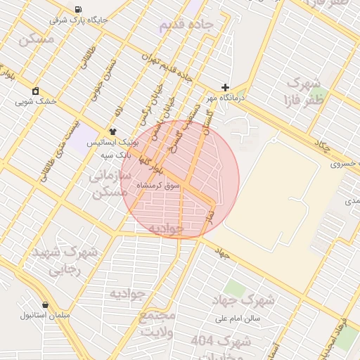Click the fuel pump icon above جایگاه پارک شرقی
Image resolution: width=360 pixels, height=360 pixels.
click(x=77, y=9)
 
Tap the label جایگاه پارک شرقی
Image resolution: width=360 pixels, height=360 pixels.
click(x=79, y=20)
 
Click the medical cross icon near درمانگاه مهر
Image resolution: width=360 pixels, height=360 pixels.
click(x=225, y=88)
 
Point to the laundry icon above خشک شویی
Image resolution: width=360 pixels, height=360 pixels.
click(x=35, y=91)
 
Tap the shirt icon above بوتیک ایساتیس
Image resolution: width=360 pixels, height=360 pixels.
click(x=112, y=131)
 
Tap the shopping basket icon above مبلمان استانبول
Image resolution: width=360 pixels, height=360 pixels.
click(x=46, y=305)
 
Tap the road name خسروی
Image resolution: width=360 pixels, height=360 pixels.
click(x=344, y=164)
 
